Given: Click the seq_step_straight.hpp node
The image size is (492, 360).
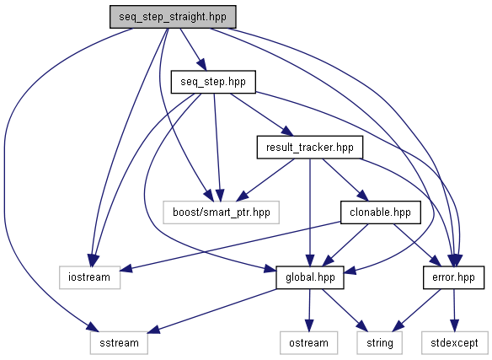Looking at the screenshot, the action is [x=173, y=17].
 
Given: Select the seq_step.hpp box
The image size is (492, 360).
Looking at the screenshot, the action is [x=213, y=82].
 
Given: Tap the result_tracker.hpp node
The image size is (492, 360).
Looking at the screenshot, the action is [x=310, y=148].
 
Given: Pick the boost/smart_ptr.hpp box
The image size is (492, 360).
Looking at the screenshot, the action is [x=222, y=212].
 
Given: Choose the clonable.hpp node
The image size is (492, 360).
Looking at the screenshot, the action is [x=380, y=212].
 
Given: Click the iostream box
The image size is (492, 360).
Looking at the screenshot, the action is [x=90, y=277].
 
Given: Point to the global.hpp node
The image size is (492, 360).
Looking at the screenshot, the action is [x=310, y=277].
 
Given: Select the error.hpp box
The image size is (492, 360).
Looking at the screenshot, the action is [x=453, y=277].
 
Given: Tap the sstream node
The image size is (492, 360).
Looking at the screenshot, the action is [x=119, y=343].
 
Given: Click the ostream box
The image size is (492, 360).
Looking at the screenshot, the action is [x=308, y=343].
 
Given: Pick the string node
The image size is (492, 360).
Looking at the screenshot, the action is [x=380, y=343].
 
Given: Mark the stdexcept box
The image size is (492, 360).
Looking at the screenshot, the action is [x=454, y=343].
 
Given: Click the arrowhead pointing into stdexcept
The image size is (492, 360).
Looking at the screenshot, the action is [x=454, y=325].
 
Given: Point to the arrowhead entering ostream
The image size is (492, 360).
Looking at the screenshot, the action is [x=309, y=325].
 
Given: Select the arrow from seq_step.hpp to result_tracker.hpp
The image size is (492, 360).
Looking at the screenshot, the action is [x=261, y=115].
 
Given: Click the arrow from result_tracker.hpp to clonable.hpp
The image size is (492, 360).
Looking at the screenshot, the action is [x=345, y=180].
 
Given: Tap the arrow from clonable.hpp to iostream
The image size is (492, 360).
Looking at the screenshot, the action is [x=230, y=246].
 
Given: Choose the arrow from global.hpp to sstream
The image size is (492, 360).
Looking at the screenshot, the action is [x=211, y=310].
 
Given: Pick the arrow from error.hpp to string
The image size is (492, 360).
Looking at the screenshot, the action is [x=416, y=310].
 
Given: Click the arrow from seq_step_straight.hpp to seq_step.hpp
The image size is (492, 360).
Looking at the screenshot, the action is [x=193, y=49].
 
